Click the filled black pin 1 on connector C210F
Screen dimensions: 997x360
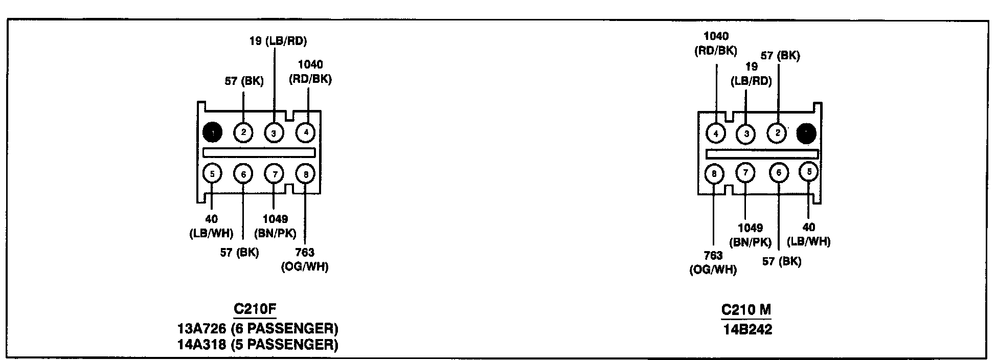[212, 132]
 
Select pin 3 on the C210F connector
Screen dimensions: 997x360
[274, 133]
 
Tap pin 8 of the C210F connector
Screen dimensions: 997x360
[305, 174]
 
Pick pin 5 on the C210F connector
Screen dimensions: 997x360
[212, 174]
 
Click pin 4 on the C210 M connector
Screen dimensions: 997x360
[716, 133]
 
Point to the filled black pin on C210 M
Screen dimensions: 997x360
[806, 133]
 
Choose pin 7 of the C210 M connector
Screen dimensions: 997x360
[745, 173]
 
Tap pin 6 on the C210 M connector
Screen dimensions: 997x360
[779, 173]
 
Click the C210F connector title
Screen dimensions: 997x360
[255, 309]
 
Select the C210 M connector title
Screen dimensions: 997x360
[746, 309]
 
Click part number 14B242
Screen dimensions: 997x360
[747, 329]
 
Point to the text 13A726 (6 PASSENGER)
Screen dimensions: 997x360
[258, 327]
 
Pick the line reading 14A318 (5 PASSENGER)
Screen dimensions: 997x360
[258, 344]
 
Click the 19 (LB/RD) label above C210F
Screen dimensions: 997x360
[278, 41]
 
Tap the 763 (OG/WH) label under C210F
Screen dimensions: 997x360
[305, 259]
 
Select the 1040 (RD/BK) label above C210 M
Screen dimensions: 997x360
[716, 43]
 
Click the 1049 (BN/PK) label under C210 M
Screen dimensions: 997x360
[751, 235]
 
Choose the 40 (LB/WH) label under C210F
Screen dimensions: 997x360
[211, 226]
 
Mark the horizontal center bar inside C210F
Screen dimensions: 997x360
[259, 152]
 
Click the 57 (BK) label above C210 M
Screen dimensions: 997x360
[780, 56]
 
